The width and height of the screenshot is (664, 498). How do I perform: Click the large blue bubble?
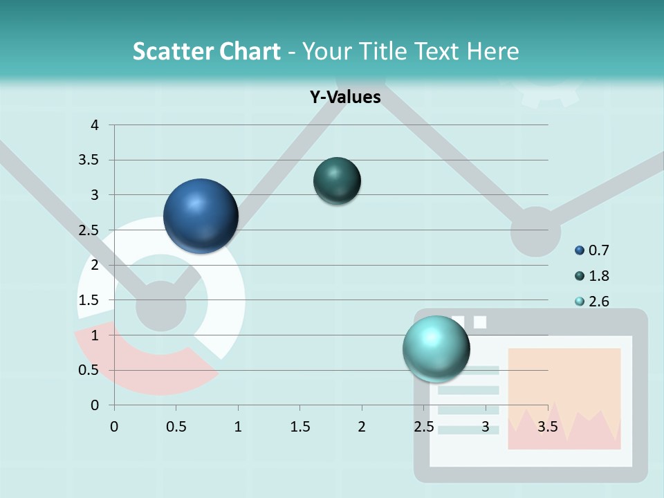(201, 216)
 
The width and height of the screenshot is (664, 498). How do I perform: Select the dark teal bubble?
(337, 181)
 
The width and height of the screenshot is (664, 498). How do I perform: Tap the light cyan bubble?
(436, 349)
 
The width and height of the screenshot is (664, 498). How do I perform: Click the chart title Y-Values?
(344, 97)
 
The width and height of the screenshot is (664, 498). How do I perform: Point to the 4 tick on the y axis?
(95, 125)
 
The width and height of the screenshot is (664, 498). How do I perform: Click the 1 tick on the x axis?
(238, 426)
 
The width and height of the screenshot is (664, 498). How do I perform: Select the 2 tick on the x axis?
(362, 426)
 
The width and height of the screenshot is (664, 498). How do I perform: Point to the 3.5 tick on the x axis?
(547, 426)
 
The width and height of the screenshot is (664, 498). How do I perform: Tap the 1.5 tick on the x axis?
(299, 426)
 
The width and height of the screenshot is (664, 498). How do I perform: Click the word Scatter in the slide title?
(173, 51)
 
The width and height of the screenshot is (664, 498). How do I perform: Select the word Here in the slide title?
(492, 51)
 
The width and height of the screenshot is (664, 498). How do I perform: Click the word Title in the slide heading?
(381, 51)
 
